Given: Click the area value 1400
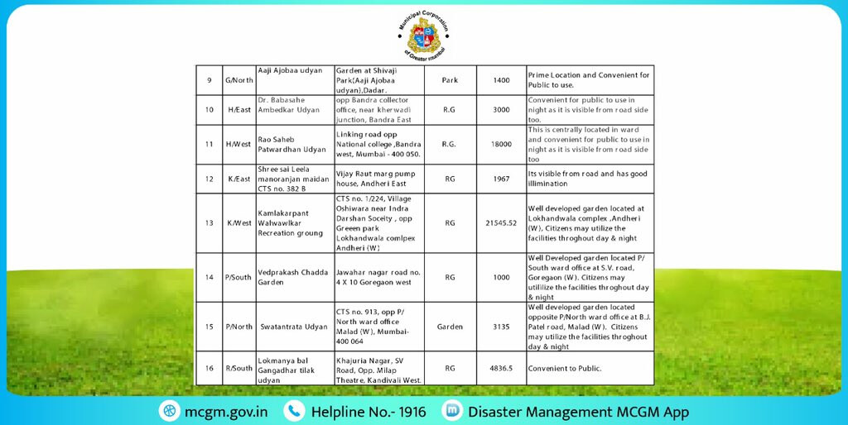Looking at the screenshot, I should [501, 80].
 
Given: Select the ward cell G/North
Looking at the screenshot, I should [239, 80].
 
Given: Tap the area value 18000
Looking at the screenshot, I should [501, 144].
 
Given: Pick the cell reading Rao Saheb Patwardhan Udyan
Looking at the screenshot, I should [293, 144].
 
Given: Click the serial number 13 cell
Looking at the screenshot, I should [210, 222].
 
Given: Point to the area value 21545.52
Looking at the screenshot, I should [501, 222].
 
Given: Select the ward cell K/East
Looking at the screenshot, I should [239, 179].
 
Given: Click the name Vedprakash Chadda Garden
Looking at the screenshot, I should [293, 277].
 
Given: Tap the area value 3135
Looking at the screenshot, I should [501, 327].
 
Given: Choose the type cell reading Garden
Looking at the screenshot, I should [450, 327].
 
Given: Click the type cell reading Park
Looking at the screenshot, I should [450, 80].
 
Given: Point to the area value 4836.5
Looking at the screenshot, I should [501, 369].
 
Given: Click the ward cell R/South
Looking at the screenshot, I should [239, 369].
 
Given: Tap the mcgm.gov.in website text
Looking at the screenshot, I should [225, 411].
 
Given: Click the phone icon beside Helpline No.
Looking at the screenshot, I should [294, 411].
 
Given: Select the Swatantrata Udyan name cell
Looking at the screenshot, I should [293, 327].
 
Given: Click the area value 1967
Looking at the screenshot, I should [501, 179].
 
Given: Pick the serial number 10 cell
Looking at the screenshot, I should [210, 110].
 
